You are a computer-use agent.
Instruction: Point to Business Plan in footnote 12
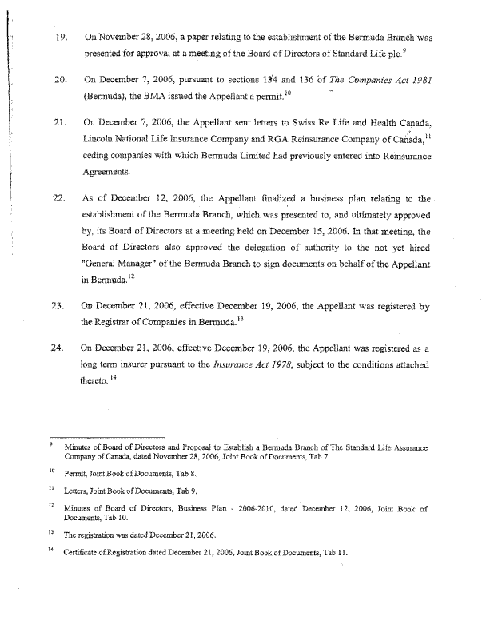[180, 507]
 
